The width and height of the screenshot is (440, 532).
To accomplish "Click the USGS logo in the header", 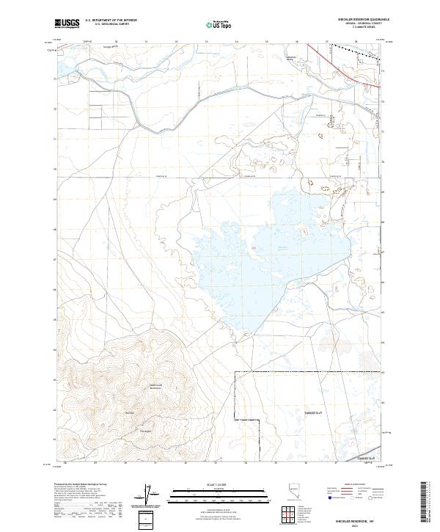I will [67, 24].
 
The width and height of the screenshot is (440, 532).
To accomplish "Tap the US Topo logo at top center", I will [219, 25].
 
